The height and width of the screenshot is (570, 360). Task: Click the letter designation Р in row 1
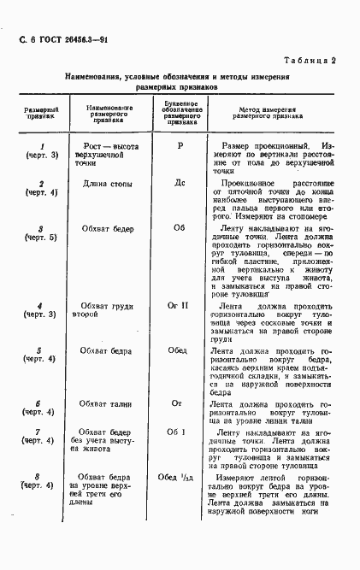180,146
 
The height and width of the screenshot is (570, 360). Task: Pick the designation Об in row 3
180,229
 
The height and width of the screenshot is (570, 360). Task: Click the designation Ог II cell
180,305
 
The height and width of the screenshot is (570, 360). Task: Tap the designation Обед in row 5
180,350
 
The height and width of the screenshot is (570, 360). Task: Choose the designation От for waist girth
180,403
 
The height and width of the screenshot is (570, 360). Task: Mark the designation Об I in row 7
180,432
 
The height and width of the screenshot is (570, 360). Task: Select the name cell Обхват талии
108,403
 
